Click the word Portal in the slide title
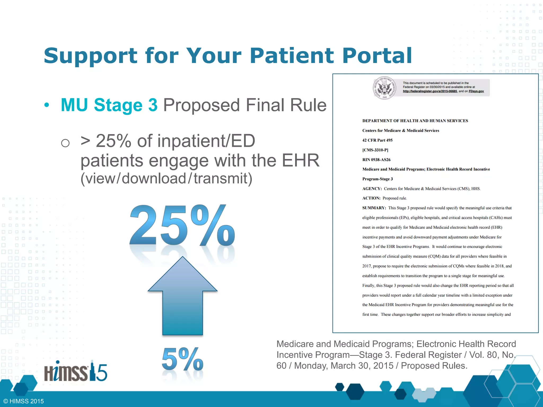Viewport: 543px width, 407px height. pyautogui.click(x=377, y=56)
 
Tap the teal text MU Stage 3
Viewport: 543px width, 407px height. pyautogui.click(x=109, y=105)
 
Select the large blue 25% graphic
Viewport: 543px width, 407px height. pyautogui.click(x=182, y=225)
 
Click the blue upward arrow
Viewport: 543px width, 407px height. pyautogui.click(x=182, y=297)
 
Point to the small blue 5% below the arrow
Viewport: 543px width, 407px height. pyautogui.click(x=182, y=359)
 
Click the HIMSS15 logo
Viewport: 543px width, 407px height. pyautogui.click(x=76, y=371)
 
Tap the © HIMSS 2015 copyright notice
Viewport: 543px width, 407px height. pyautogui.click(x=24, y=401)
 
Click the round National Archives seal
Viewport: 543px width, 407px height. pyautogui.click(x=385, y=88)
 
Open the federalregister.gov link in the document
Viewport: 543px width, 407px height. pyautogui.click(x=430, y=91)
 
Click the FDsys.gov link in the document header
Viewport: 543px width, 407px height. pyautogui.click(x=476, y=91)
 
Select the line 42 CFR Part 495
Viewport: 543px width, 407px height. pyautogui.click(x=377, y=140)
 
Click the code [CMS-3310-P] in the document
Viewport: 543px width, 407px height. pyautogui.click(x=375, y=150)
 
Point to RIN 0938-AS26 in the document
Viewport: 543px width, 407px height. pyautogui.click(x=376, y=160)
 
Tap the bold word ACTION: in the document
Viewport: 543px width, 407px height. pyautogui.click(x=371, y=198)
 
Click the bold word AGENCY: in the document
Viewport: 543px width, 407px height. pyautogui.click(x=372, y=189)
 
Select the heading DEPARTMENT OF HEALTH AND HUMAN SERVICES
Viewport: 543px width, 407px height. pyautogui.click(x=415, y=121)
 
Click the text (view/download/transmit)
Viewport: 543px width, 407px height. pyautogui.click(x=166, y=178)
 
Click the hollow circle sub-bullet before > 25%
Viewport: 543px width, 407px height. pyautogui.click(x=65, y=143)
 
